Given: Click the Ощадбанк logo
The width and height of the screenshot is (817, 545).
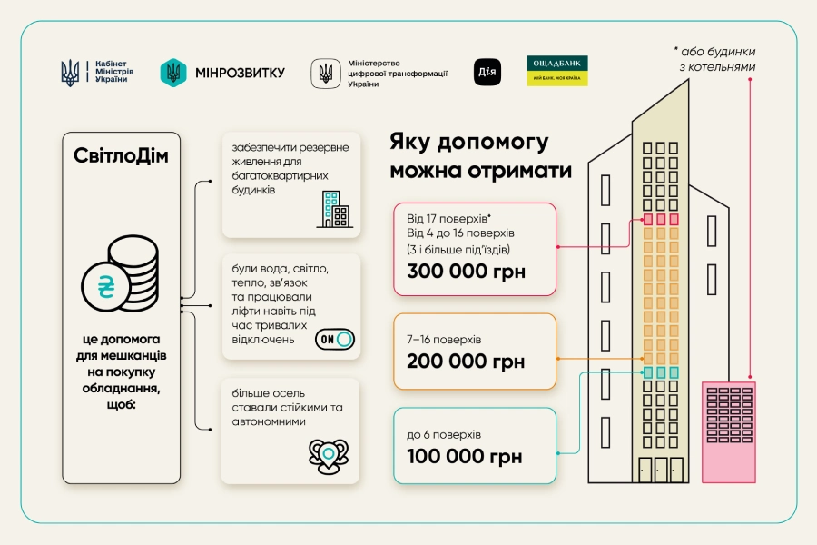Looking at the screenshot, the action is [x=557, y=71].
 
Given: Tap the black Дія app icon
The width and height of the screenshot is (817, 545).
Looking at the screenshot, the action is [x=487, y=72].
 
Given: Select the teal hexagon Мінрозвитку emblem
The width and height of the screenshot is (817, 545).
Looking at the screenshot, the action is [x=173, y=73].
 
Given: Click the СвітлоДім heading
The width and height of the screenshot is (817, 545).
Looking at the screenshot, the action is [x=121, y=155].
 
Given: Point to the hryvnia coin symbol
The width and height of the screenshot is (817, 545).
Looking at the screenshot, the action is [x=106, y=286].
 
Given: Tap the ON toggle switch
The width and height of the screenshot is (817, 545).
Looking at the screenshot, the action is [x=334, y=340].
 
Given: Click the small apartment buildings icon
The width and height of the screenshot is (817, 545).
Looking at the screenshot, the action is [x=334, y=209].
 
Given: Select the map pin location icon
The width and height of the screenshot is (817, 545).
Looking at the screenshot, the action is [x=329, y=456].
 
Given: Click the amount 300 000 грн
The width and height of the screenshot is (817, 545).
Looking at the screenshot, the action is [x=466, y=272].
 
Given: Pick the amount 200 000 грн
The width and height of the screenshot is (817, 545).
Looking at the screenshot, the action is [x=466, y=361].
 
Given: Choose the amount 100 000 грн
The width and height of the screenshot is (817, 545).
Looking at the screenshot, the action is [x=464, y=456].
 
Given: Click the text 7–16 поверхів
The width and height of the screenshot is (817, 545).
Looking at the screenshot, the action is [x=444, y=340].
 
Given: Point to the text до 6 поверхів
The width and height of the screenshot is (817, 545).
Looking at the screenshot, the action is [x=444, y=435].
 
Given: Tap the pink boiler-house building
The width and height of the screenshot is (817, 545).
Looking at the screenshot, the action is [x=728, y=432].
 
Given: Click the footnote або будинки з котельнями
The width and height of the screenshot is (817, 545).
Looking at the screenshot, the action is [x=715, y=59].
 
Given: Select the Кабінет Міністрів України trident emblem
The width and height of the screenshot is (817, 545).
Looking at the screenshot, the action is [x=70, y=73].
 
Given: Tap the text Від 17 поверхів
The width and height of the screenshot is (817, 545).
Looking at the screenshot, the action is [x=448, y=218].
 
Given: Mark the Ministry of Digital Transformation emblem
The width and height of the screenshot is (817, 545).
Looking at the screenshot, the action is [x=326, y=73].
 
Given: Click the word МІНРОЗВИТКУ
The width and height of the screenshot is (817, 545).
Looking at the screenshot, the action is [x=241, y=73].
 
